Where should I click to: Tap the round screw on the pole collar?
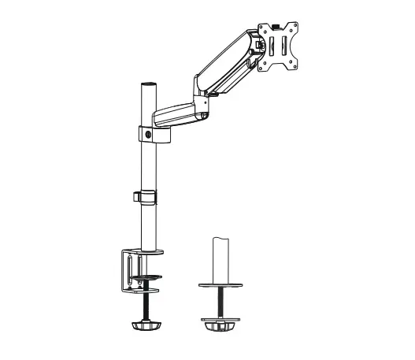[150, 135]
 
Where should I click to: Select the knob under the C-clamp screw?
[148, 325]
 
